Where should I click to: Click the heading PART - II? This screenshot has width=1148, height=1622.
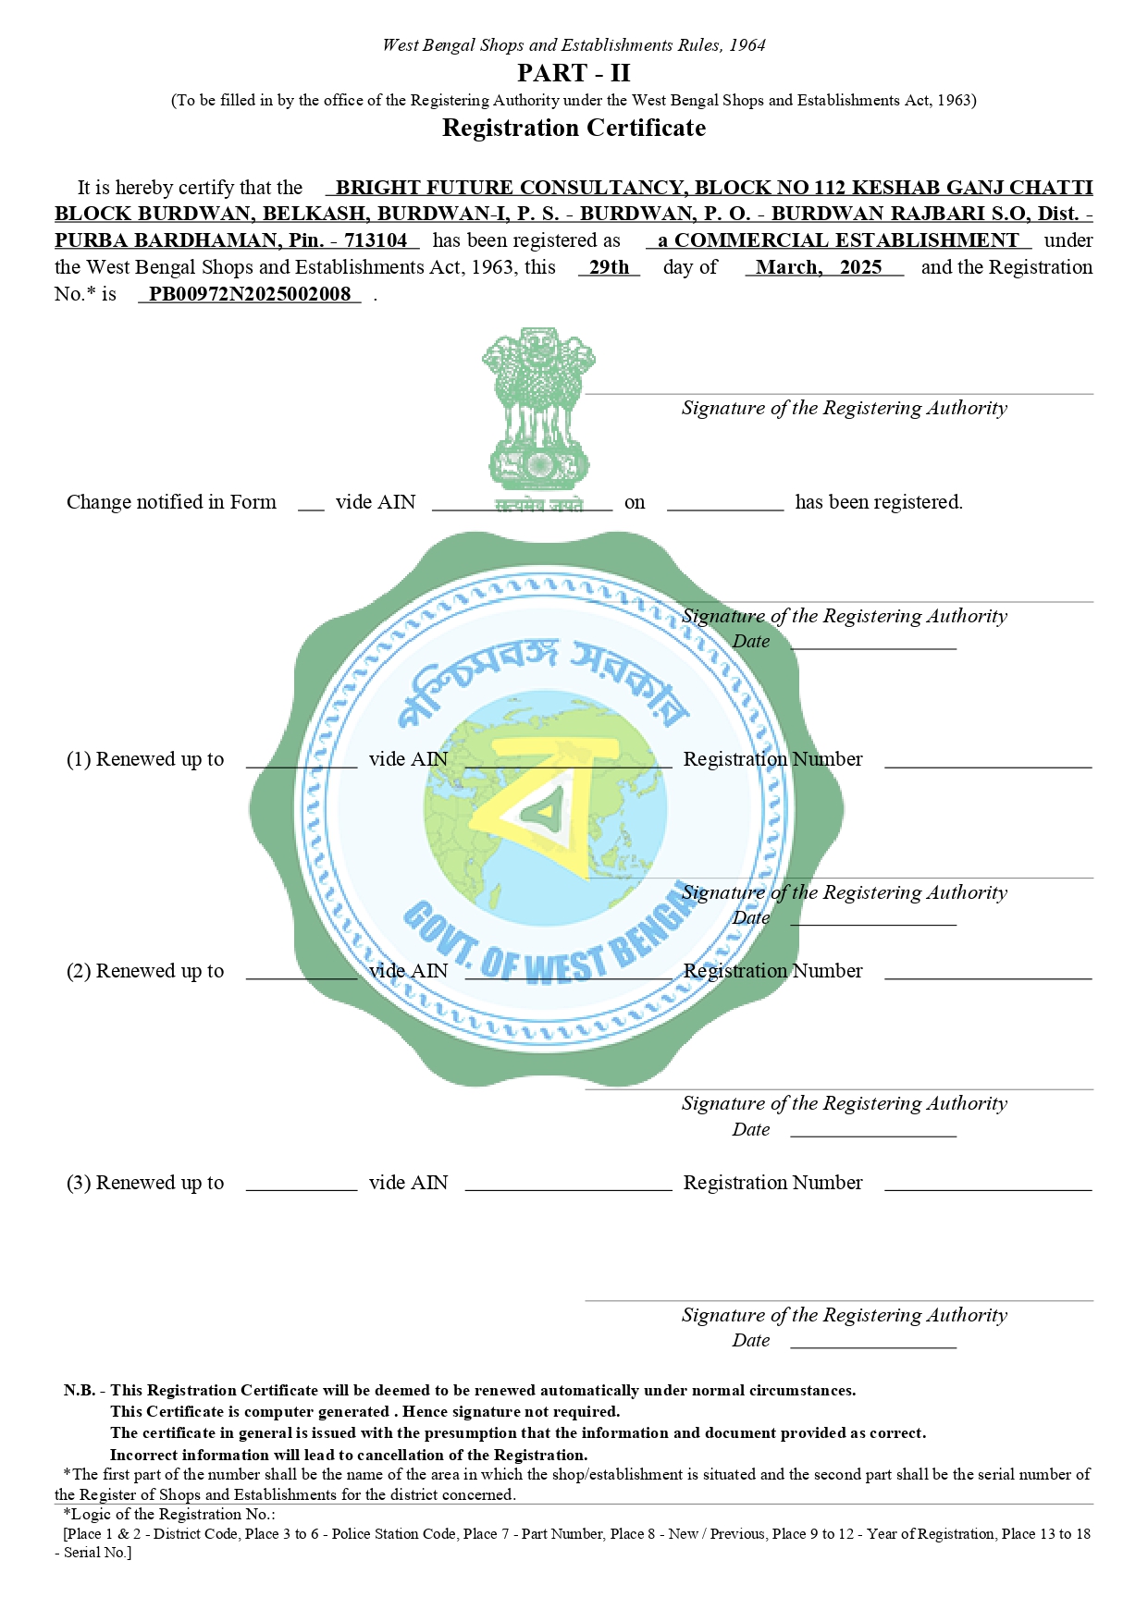point(574,73)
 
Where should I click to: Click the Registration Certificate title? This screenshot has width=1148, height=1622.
point(574,128)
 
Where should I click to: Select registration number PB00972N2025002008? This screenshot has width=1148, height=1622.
point(250,294)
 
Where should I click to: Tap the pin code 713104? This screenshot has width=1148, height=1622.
point(376,240)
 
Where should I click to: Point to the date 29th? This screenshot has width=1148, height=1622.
point(609,267)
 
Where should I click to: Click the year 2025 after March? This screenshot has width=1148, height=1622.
point(860,267)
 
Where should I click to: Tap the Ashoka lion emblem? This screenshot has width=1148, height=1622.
point(537,407)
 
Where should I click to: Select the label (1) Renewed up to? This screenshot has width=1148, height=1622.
point(145,759)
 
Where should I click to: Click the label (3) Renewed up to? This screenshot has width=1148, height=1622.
point(145,1183)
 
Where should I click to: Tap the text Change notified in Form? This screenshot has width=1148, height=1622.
point(171,502)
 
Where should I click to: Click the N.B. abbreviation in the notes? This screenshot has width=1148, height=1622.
point(79,1390)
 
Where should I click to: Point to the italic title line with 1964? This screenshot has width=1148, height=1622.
point(574,45)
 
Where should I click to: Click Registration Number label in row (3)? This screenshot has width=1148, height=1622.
point(772,1183)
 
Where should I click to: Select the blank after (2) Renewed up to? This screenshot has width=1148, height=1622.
point(301,973)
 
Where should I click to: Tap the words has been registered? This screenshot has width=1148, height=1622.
point(878,502)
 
